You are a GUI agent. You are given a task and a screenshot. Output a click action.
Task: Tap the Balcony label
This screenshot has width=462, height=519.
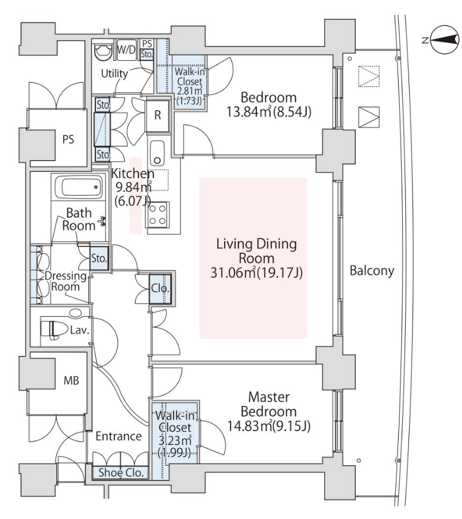click(x=372, y=270)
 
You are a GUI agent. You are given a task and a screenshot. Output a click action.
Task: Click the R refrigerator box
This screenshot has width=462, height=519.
click(x=157, y=113)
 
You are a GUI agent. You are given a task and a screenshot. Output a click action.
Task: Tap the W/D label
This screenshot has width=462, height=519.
click(x=126, y=49)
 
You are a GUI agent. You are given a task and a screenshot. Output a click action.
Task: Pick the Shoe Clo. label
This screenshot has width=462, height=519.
click(x=118, y=472)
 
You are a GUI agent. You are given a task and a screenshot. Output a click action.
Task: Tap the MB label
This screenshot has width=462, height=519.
click(x=71, y=380)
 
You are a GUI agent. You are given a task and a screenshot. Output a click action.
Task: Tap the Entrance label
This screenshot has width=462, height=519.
click(x=119, y=436)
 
